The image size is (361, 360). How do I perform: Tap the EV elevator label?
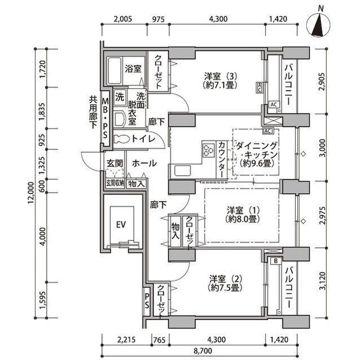coord(120,224)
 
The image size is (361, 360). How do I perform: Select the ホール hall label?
coord(144,163)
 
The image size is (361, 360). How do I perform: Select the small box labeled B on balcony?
coord(275,261)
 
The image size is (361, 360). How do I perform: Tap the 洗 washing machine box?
coord(120,96)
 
